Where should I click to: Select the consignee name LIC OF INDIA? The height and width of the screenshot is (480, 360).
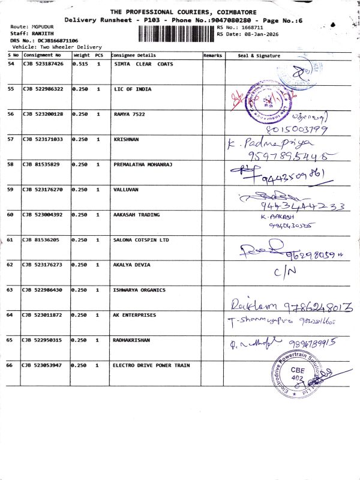tap(132, 89)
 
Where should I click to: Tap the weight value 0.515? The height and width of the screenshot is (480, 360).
tap(80, 64)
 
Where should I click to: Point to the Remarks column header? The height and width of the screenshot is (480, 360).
tap(212, 55)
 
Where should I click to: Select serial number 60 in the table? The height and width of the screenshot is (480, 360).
tap(11, 214)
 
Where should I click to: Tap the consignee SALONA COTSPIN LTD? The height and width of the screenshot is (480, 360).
tap(142, 239)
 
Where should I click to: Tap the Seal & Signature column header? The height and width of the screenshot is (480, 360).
tap(259, 55)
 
